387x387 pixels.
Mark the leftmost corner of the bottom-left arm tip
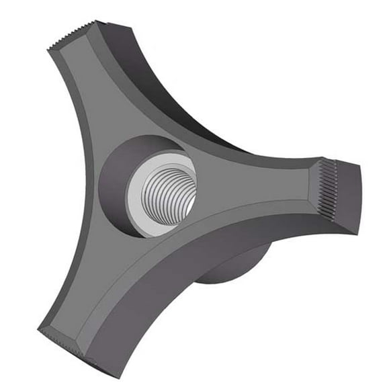pos(38,329)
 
